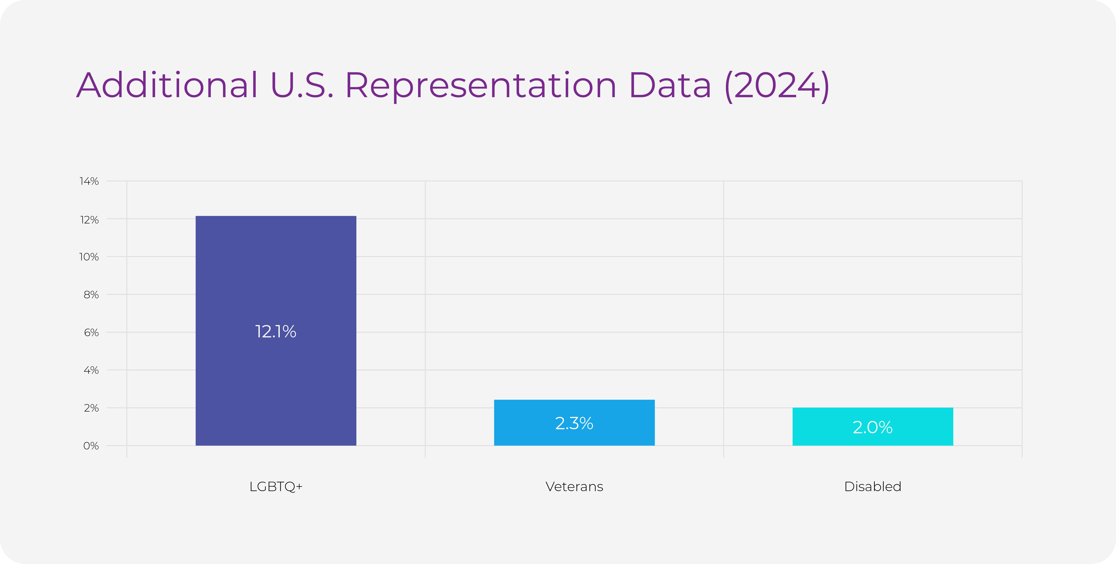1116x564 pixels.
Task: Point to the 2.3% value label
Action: point(574,423)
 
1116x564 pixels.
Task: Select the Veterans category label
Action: point(574,487)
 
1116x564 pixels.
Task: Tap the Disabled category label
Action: point(872,487)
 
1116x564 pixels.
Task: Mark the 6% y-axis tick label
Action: point(91,332)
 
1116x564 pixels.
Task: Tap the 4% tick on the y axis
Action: point(91,370)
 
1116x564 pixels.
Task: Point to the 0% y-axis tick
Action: point(91,446)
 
